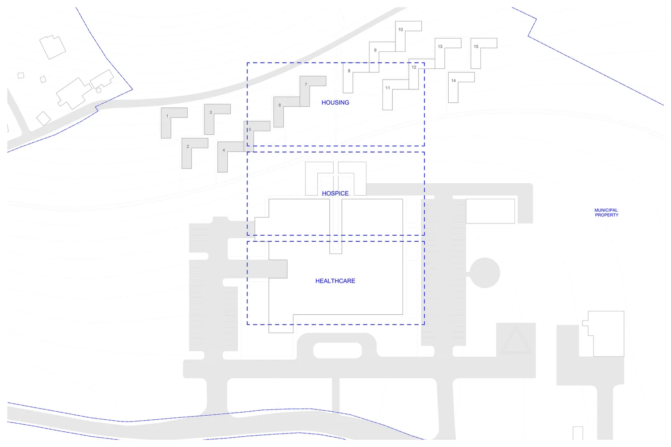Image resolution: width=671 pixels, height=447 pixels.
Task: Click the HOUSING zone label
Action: tap(335, 102)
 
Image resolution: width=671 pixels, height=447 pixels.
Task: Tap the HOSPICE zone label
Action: tap(335, 193)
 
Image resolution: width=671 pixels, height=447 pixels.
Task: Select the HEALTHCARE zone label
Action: tap(335, 281)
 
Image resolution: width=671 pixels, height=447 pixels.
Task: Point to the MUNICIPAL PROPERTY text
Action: tap(606, 212)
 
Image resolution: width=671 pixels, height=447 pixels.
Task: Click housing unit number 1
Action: tap(167, 116)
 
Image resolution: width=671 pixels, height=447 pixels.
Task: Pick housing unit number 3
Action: tap(211, 113)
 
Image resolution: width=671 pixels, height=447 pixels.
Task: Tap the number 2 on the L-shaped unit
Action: tap(188, 147)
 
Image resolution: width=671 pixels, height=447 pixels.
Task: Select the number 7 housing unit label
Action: tap(306, 84)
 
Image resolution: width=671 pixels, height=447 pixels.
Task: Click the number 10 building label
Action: tap(400, 30)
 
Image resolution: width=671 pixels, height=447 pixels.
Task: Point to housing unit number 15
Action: tap(476, 46)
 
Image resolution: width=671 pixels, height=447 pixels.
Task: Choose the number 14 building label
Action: tap(454, 81)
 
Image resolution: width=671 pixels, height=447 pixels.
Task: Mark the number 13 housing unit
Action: tap(440, 46)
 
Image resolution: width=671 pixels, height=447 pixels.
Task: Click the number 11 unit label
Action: tap(388, 88)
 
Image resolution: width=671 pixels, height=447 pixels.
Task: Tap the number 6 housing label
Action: tap(280, 105)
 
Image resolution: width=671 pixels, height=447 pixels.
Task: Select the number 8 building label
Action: tap(349, 71)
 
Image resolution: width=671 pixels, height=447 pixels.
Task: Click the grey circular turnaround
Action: tap(485, 273)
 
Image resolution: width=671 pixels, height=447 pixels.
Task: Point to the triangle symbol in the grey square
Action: tap(516, 341)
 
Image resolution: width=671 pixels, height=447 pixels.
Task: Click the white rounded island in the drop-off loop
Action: tap(337, 350)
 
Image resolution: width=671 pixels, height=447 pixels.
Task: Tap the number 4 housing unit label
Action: tap(224, 150)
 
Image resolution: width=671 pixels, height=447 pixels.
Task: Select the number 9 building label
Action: tap(375, 51)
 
